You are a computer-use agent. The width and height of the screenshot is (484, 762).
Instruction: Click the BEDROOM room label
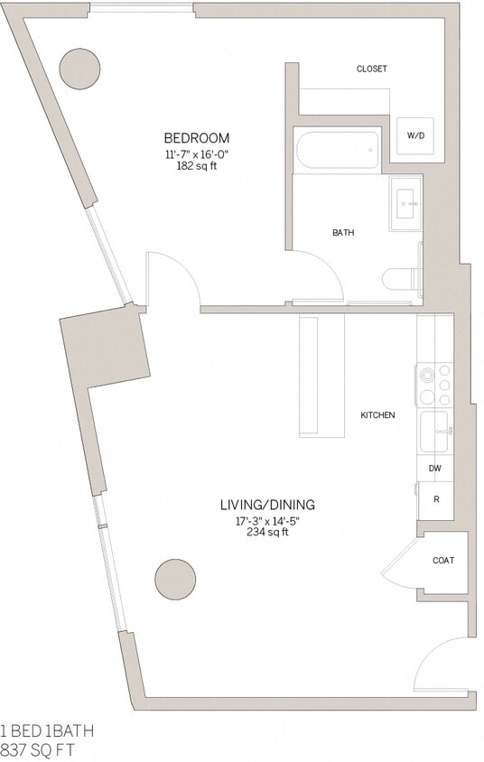tap(196, 138)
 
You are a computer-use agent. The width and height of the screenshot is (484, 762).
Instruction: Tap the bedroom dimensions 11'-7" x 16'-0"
tap(196, 154)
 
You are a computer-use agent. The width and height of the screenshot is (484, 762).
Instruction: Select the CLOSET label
tap(371, 69)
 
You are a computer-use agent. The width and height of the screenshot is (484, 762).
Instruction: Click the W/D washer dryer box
tap(415, 135)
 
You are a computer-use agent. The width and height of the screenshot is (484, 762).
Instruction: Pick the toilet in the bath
tap(400, 279)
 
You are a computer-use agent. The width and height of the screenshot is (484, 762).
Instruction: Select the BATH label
tap(343, 233)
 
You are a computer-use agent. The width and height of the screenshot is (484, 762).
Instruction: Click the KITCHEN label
tap(377, 415)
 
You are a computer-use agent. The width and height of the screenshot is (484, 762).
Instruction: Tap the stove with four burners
tap(434, 385)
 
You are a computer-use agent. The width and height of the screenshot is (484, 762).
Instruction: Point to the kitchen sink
tap(434, 431)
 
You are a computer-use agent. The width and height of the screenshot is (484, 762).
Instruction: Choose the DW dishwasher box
tap(435, 468)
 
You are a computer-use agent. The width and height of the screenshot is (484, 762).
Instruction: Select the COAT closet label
tap(443, 561)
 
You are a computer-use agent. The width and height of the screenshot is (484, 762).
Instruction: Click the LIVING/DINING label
tap(267, 505)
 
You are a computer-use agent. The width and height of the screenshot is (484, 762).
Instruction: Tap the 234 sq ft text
tap(267, 533)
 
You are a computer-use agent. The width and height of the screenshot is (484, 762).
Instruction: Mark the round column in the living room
tap(175, 579)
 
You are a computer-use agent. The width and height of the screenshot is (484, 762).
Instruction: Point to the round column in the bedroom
tap(79, 68)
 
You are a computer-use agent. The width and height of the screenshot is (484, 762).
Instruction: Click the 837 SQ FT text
tap(38, 749)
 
